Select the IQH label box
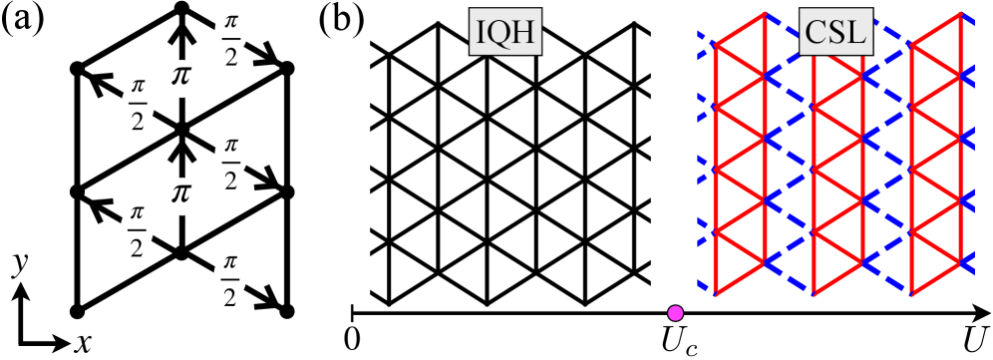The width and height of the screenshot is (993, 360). click(503, 37)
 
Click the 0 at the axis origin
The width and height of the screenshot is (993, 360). click(350, 339)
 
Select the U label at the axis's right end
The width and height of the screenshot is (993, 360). click(975, 340)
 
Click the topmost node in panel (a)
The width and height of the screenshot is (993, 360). click(181, 9)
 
